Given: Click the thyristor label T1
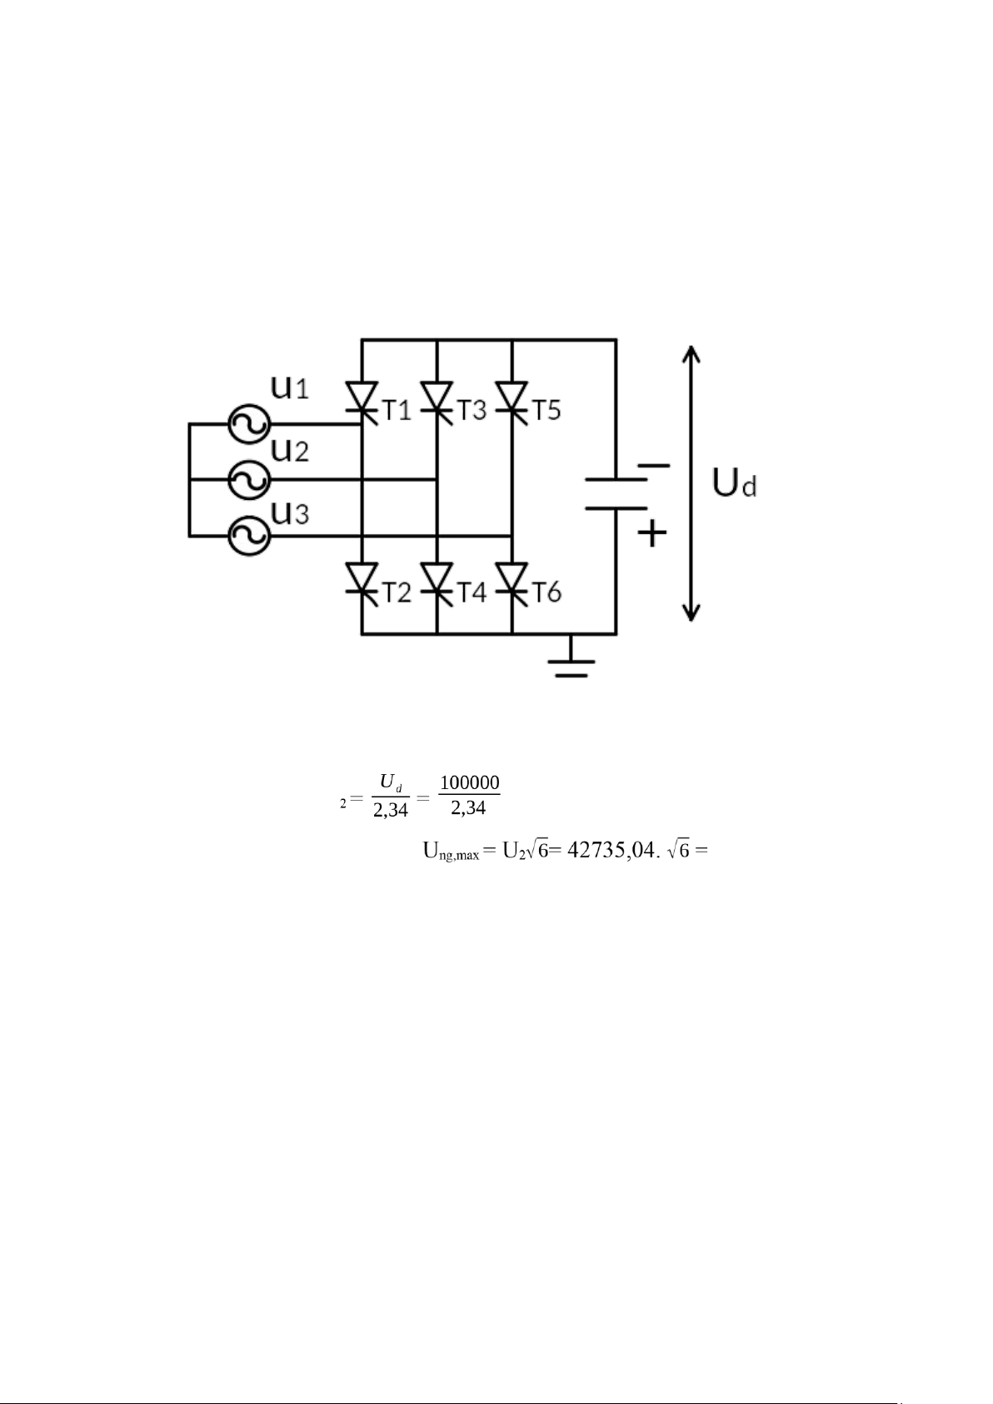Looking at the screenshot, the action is pyautogui.click(x=397, y=411).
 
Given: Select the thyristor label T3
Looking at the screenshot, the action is pyautogui.click(x=472, y=411).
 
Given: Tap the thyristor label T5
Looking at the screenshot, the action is pyautogui.click(x=546, y=411).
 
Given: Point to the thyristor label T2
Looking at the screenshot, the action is pyautogui.click(x=397, y=592).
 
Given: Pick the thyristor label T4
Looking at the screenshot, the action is pyautogui.click(x=472, y=592).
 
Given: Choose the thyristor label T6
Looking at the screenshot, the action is pyautogui.click(x=546, y=592).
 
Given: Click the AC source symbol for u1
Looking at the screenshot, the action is pyautogui.click(x=249, y=424).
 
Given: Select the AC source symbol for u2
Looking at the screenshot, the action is pyautogui.click(x=249, y=480).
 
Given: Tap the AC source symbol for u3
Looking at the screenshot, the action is pyautogui.click(x=249, y=537).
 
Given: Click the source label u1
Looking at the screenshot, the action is pyautogui.click(x=289, y=387).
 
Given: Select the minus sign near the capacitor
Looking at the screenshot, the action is pyautogui.click(x=653, y=466).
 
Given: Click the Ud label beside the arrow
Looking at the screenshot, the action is pyautogui.click(x=735, y=483).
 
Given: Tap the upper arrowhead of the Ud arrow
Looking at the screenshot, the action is pyautogui.click(x=691, y=353).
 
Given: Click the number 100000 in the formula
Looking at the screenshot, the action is pyautogui.click(x=469, y=782).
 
